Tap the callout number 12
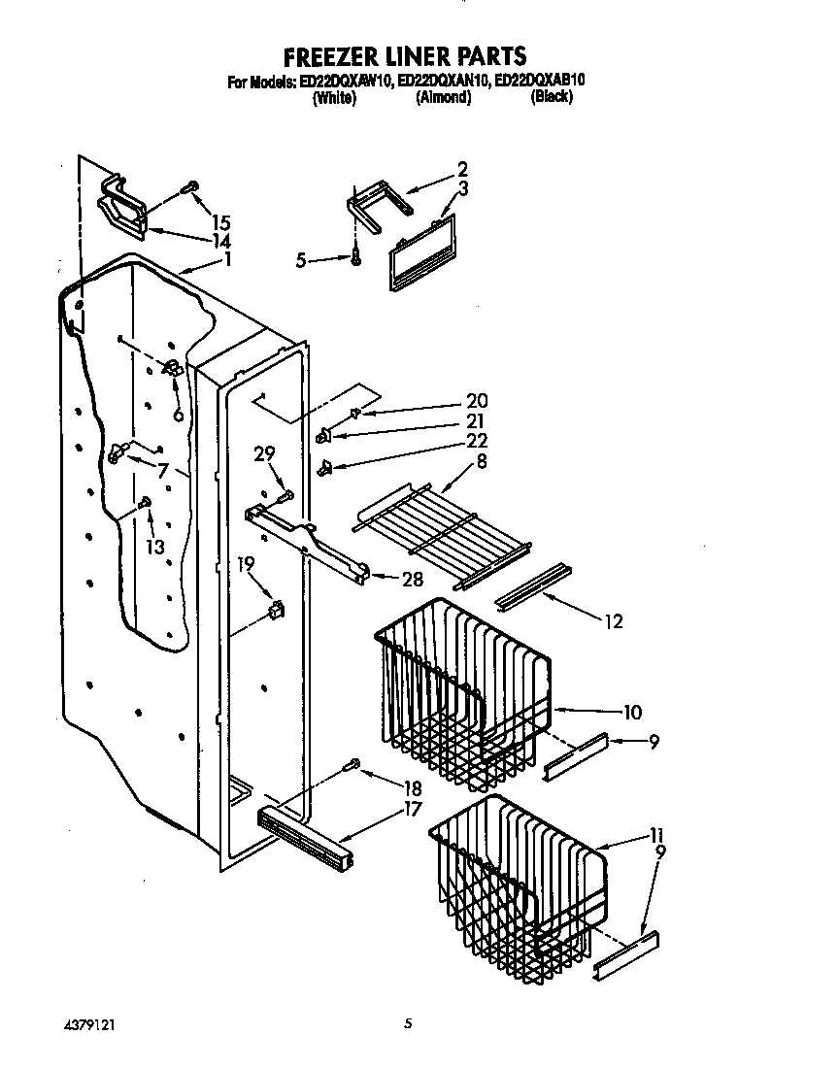point(613,622)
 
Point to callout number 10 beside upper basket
point(631,712)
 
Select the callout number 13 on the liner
point(154,548)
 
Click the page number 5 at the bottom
point(409,1022)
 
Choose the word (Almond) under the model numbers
point(443,98)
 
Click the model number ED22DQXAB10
point(540,83)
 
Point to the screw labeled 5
point(357,257)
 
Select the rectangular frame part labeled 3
point(420,252)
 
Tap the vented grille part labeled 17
point(303,830)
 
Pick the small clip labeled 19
point(275,610)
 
